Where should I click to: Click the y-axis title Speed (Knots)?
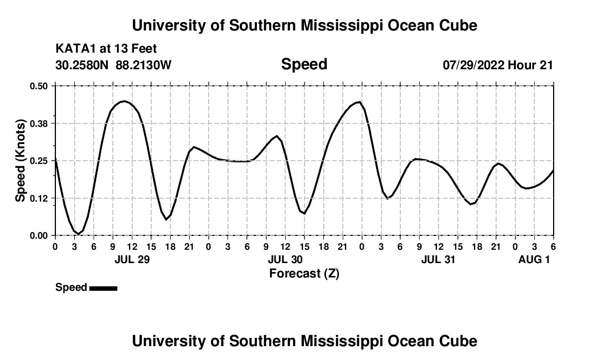20,161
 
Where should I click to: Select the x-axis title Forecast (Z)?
304,273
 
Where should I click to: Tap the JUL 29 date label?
132,259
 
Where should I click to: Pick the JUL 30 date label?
285,259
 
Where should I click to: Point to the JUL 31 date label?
438,259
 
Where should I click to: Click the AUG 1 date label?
534,259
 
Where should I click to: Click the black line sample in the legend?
103,288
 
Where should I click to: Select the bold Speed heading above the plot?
304,65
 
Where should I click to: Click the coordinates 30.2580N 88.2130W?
113,65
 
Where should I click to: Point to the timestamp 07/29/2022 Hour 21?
498,65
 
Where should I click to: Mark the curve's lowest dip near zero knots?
79,234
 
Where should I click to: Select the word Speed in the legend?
71,287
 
